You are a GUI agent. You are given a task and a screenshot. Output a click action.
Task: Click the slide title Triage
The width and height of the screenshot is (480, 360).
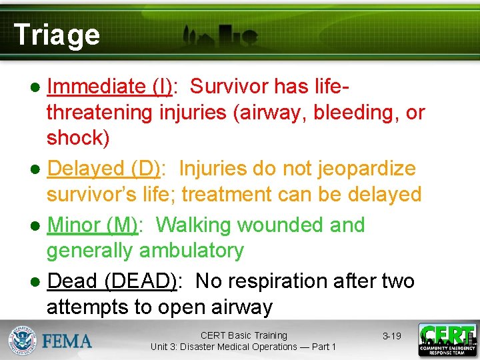coord(57,35)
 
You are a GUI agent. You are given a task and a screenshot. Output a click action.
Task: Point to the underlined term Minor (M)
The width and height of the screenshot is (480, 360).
coord(93,225)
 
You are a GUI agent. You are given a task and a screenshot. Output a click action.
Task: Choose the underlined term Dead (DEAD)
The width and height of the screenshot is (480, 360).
coord(112,281)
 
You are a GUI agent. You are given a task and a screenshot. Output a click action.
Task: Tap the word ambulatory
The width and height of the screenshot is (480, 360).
coord(191,251)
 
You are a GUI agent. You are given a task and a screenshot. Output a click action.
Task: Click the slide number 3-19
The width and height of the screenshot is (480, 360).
coord(391,336)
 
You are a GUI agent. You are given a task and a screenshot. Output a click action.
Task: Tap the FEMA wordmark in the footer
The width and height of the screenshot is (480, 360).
coord(67,341)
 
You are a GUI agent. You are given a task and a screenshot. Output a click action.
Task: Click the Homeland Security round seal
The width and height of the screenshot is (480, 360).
coord(23,341)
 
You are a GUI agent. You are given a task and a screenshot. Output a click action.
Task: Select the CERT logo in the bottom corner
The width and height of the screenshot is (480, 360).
coord(447,340)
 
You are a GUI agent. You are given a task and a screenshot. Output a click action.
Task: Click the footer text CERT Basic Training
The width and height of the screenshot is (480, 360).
coord(243,335)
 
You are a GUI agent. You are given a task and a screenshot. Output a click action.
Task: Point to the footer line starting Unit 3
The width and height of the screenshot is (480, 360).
coord(243,347)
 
